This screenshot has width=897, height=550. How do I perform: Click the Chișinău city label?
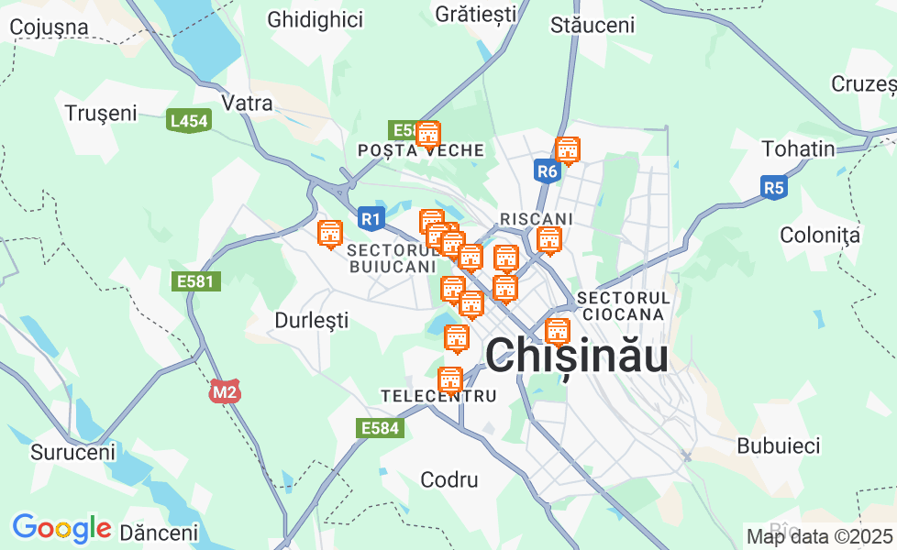[576, 356]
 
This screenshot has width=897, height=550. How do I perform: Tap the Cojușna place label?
[50, 27]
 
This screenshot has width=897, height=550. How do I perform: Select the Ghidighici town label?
[315, 19]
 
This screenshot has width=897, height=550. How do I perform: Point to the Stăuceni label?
[592, 25]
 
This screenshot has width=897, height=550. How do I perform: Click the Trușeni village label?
[101, 113]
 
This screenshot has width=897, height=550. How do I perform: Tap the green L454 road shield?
[189, 121]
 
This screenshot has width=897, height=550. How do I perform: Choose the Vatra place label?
[248, 103]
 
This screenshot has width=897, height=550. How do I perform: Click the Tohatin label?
[798, 148]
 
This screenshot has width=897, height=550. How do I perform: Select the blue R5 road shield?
[774, 189]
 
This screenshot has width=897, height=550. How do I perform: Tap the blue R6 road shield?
[547, 170]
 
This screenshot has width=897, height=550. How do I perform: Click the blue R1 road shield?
[370, 218]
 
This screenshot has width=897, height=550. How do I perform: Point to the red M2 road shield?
[224, 392]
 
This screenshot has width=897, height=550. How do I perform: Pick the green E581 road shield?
[196, 281]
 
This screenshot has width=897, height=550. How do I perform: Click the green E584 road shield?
[379, 427]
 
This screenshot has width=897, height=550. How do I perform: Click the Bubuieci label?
[778, 446]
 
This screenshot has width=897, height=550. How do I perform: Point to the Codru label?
[449, 479]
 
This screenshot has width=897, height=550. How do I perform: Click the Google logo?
[61, 528]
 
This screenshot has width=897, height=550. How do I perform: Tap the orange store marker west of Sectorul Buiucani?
[329, 234]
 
